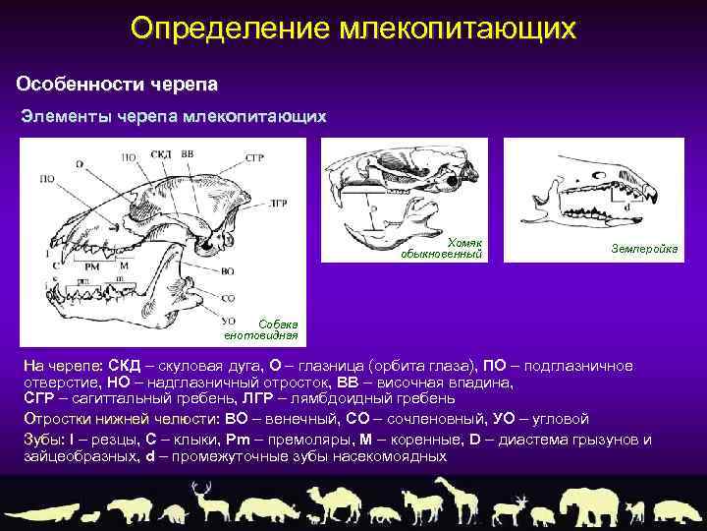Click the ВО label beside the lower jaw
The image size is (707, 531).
[227, 269]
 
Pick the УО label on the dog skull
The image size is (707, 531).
[227, 320]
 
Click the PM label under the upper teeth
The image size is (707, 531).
[92, 265]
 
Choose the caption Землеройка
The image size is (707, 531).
[643, 249]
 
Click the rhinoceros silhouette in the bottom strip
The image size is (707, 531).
[266, 507]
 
